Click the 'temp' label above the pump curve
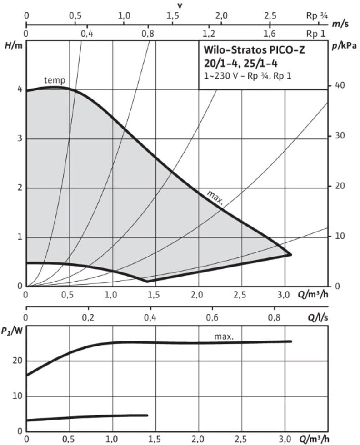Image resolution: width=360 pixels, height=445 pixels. point(55,80)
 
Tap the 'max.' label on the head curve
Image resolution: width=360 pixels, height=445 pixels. point(215,197)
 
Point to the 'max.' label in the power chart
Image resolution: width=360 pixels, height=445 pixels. point(224,336)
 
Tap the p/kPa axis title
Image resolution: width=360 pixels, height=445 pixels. point(345,45)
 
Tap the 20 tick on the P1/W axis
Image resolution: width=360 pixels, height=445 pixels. point(17,361)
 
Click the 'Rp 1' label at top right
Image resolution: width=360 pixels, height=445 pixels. point(316,33)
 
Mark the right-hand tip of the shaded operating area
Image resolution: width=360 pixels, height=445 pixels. point(291,255)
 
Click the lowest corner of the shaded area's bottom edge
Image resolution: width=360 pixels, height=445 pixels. point(147,282)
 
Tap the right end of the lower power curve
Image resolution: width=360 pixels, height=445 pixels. point(147,415)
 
